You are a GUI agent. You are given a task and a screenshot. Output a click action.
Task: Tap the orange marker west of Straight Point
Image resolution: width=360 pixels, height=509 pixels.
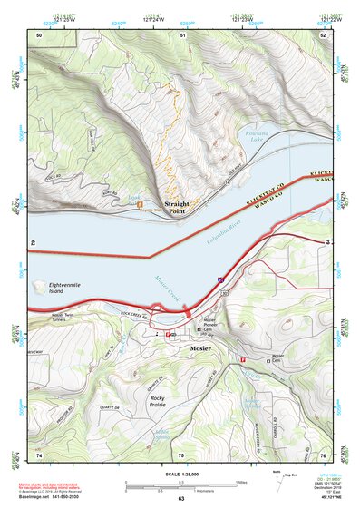pyautogui.click(x=140, y=203)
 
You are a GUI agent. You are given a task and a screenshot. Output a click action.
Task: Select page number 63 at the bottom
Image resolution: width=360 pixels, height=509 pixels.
pyautogui.click(x=180, y=499)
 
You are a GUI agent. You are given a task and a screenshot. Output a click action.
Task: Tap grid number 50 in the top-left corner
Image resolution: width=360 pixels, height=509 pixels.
pyautogui.click(x=39, y=34)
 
